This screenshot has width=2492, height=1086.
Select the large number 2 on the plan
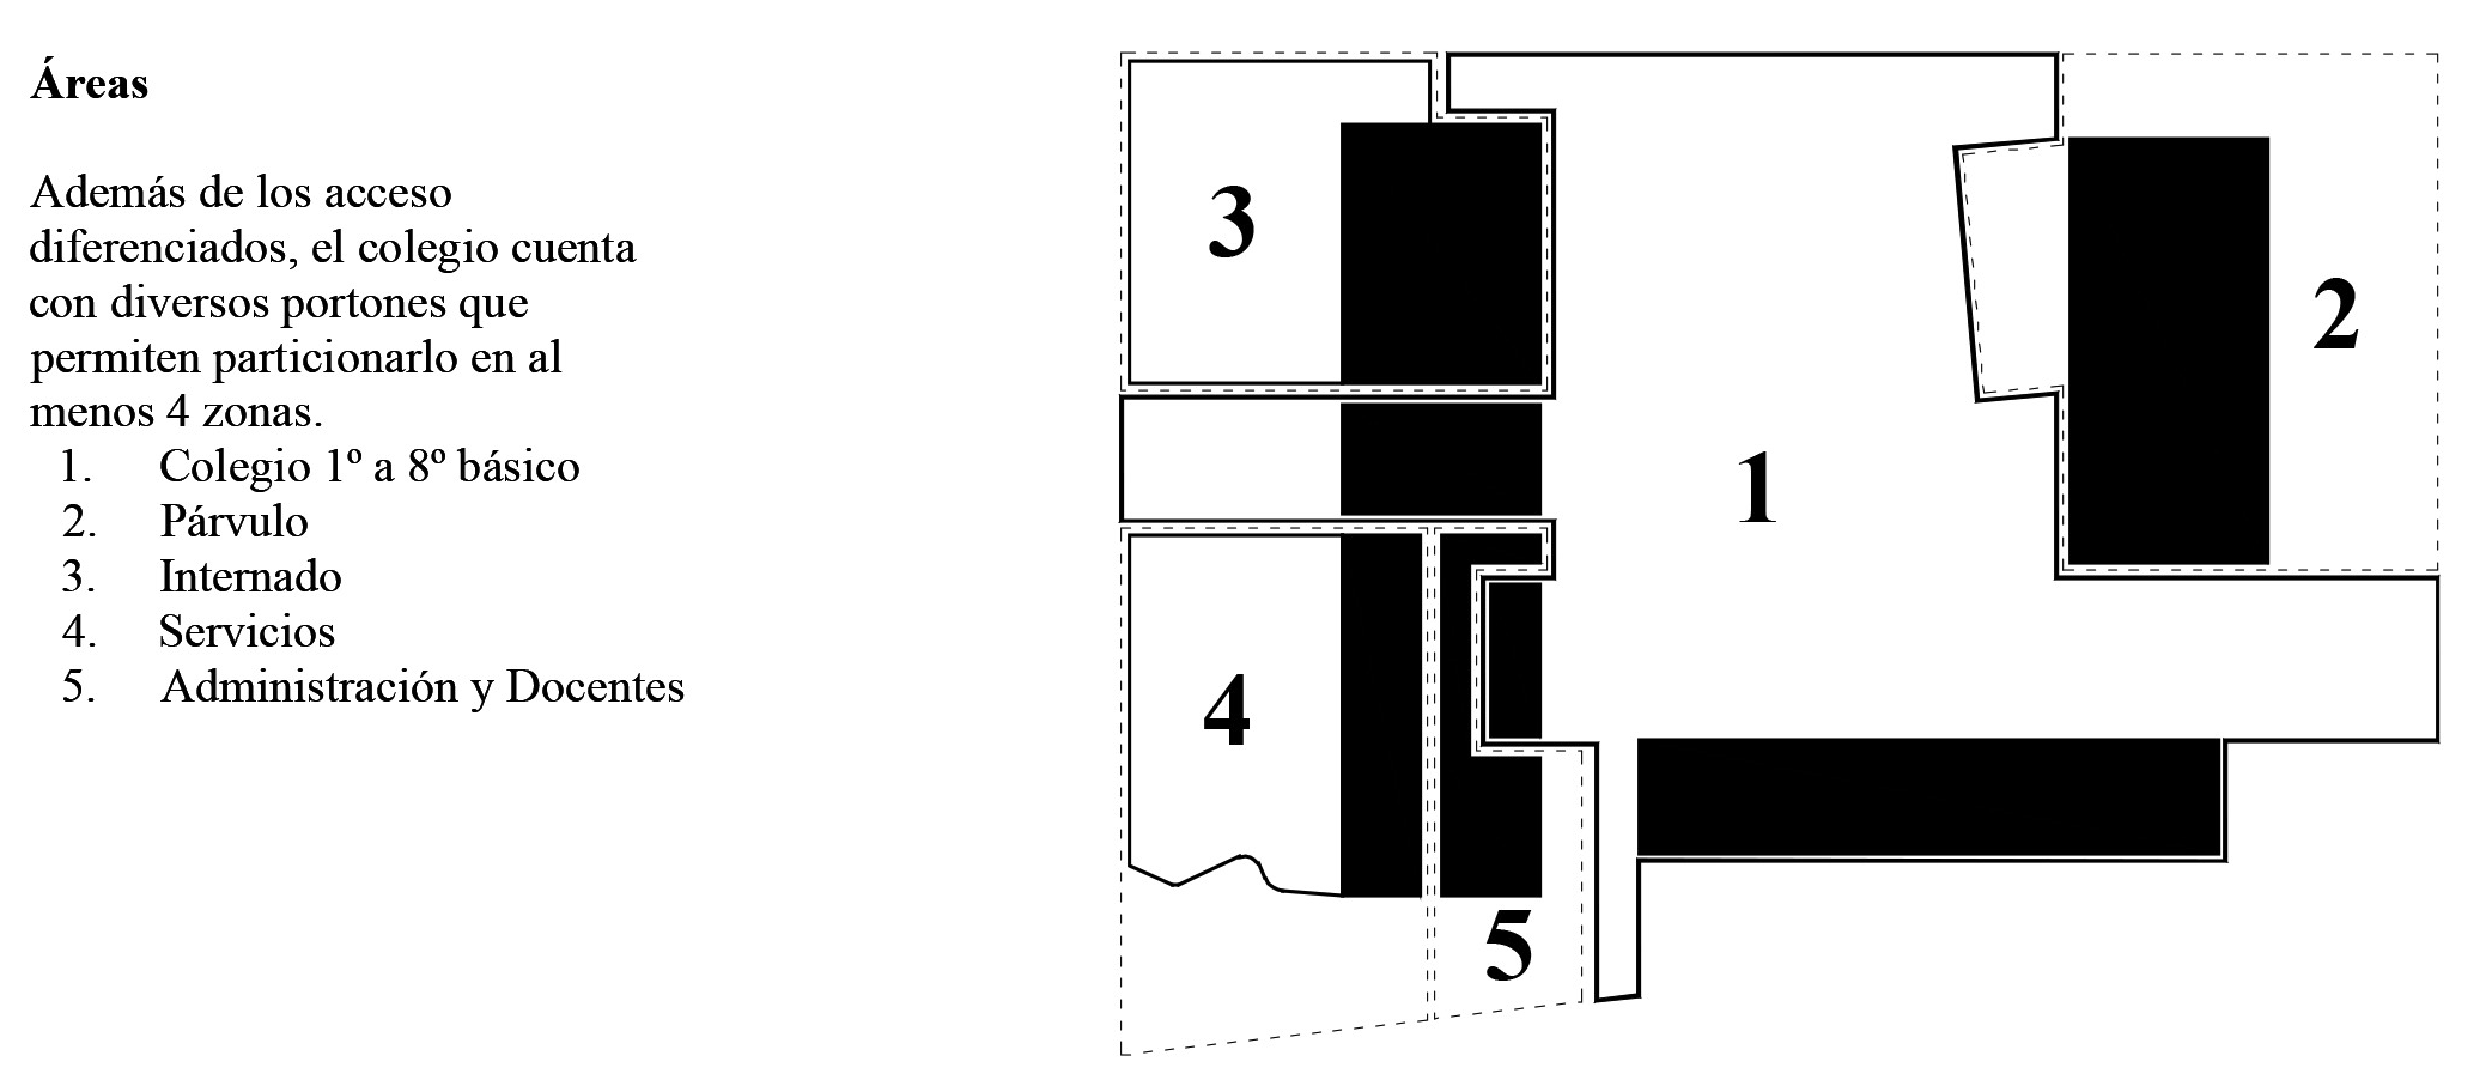[2335, 316]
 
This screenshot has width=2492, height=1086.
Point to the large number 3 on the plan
[1232, 223]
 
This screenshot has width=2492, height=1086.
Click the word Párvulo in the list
[233, 521]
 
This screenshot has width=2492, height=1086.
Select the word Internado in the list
[250, 577]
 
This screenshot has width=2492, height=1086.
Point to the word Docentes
[594, 687]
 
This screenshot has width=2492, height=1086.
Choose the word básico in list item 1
[518, 466]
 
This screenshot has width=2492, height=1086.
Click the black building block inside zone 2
[2168, 350]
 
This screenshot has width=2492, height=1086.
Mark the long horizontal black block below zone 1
[1928, 797]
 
